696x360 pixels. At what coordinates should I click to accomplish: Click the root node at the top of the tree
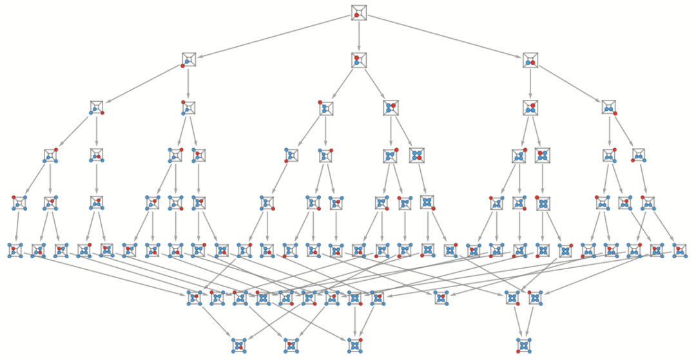pos(359,12)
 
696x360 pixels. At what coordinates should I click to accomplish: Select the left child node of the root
pos(189,60)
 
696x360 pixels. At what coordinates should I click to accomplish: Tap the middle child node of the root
pos(359,60)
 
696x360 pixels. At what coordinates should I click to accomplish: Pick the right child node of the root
pos(530,60)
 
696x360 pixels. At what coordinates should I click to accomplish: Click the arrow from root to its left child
pos(274,36)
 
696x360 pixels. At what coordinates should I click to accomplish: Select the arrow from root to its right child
pos(445,36)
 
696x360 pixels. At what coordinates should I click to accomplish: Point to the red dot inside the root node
pos(356,15)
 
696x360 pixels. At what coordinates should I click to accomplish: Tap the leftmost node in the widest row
pos(15,250)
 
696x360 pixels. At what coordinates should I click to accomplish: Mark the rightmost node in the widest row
pos(679,250)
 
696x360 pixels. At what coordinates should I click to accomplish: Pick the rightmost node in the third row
pos(609,107)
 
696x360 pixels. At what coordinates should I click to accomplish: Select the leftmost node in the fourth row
pos(50,155)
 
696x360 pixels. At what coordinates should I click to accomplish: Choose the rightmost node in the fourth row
pos(639,155)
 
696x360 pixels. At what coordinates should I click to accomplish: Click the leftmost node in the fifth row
pos(19,203)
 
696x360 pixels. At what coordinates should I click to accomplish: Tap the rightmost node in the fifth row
pos(648,203)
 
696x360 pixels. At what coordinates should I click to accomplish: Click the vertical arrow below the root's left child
pos(188,84)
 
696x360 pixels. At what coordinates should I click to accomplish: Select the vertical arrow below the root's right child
pos(530,84)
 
